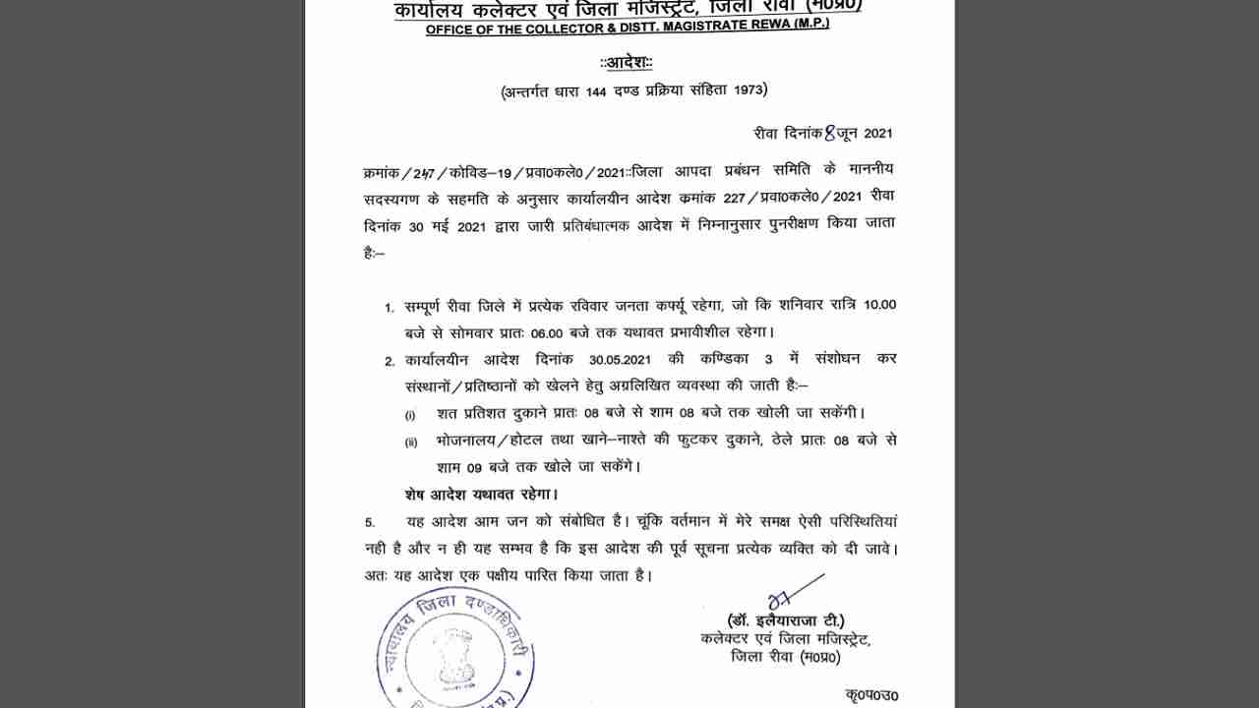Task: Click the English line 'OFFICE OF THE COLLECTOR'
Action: click(628, 27)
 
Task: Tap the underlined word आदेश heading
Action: click(627, 63)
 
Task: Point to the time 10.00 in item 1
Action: click(879, 305)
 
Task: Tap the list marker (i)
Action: click(410, 414)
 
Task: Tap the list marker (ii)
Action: click(411, 442)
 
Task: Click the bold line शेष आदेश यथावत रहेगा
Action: click(481, 494)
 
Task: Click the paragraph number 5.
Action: click(370, 521)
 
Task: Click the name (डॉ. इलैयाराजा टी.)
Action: click(785, 621)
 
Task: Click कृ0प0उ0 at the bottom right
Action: click(870, 695)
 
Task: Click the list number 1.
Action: click(390, 307)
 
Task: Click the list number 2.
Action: click(390, 361)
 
